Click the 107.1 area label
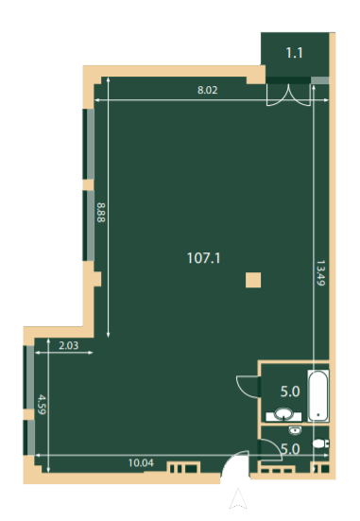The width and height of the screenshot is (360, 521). click(x=203, y=258)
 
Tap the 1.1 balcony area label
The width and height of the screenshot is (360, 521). click(x=294, y=53)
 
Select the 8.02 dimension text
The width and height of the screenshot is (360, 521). click(x=208, y=90)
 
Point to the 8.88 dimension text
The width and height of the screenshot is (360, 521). click(x=101, y=213)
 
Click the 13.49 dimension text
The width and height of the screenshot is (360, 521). click(x=320, y=273)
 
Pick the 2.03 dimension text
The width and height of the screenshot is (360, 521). click(x=69, y=345)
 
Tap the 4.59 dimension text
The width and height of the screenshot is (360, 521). click(x=42, y=404)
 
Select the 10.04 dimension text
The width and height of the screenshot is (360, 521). click(x=141, y=462)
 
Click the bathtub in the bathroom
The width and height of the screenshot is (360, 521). click(x=318, y=395)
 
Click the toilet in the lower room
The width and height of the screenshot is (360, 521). click(x=320, y=443)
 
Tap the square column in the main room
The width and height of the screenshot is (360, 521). click(x=253, y=280)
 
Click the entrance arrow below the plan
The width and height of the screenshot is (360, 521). click(x=238, y=498)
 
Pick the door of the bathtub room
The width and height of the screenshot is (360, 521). click(x=249, y=386)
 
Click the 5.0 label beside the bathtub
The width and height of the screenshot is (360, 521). click(x=290, y=391)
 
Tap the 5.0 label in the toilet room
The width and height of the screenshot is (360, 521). click(x=290, y=449)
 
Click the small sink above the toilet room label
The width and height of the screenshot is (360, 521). click(x=295, y=430)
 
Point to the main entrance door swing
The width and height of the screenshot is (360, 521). click(x=235, y=464)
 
